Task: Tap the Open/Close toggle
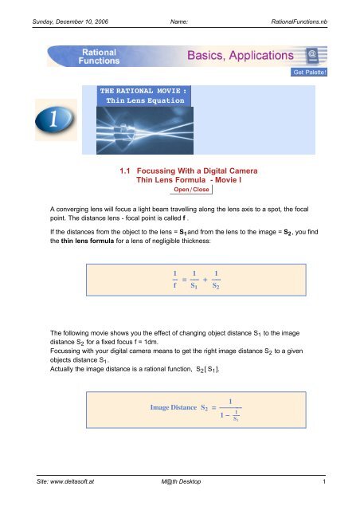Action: (190, 190)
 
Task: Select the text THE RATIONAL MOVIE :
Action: (143, 91)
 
